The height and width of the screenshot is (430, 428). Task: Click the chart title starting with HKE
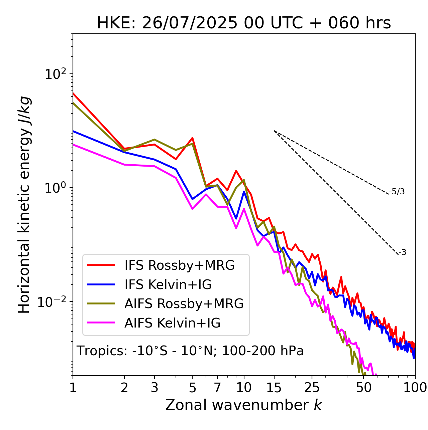244,23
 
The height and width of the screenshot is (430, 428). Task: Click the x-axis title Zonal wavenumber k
244,405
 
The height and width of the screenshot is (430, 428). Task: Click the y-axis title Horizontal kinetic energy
24,204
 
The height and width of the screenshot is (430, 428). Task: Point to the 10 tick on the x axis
244,387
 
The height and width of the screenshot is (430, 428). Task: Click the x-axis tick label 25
312,387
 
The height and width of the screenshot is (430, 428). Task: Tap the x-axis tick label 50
363,387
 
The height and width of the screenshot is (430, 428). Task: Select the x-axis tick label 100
415,387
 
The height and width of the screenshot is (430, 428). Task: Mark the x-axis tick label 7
217,387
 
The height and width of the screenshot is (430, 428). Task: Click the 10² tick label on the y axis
56,74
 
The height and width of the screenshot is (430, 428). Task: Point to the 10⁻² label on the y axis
53,302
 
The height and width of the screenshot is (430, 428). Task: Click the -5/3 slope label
397,192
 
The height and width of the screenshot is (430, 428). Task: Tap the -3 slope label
402,253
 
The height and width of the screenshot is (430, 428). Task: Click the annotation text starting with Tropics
190,351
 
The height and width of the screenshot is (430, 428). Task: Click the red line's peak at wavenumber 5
193,138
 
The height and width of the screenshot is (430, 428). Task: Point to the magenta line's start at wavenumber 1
73,145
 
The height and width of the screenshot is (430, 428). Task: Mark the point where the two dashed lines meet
274,131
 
